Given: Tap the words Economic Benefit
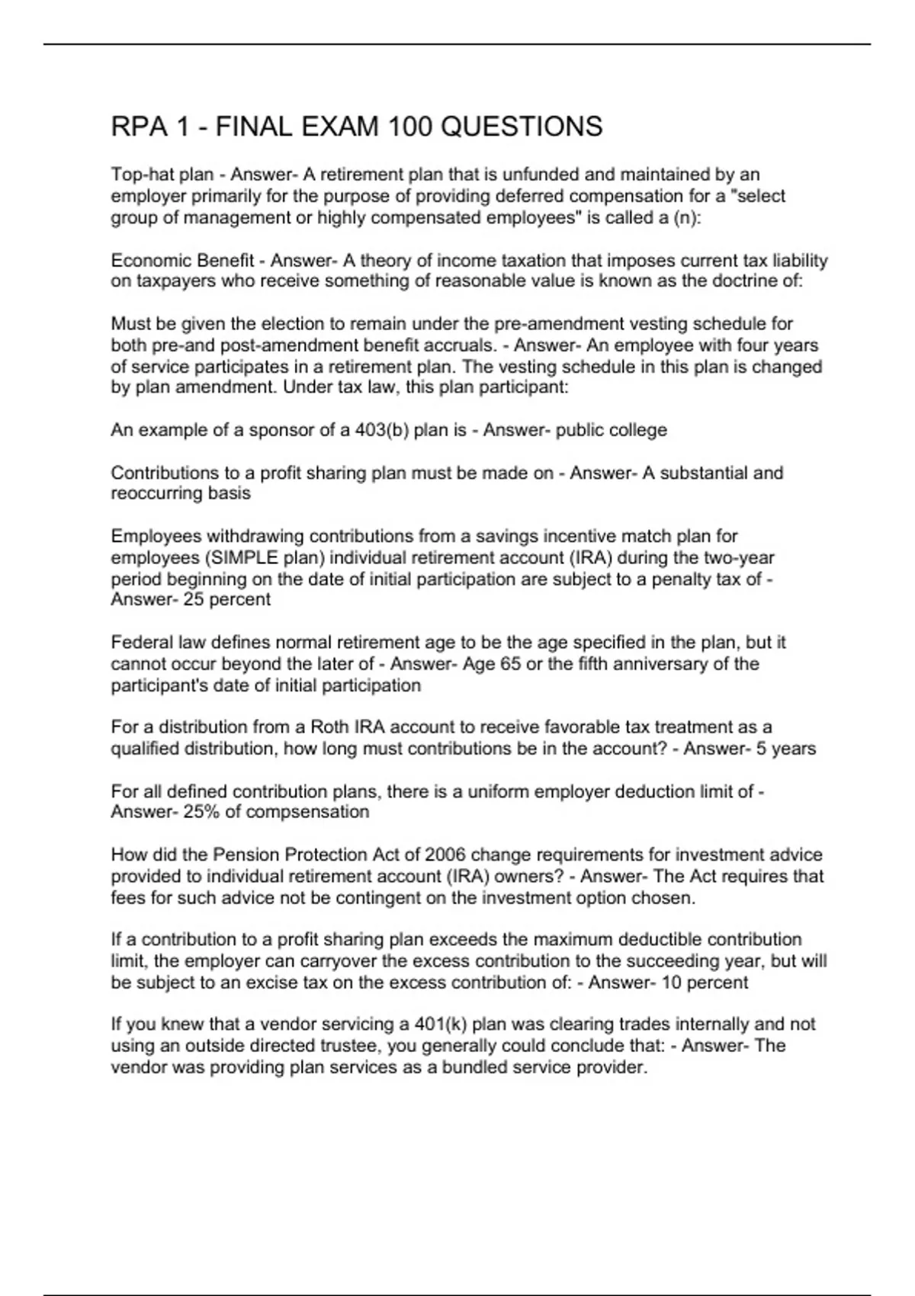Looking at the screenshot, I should pos(182,261).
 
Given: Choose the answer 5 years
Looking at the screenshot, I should pos(785,749).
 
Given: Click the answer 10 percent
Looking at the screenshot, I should pos(705,982).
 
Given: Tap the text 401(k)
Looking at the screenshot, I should pos(453,1024).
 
